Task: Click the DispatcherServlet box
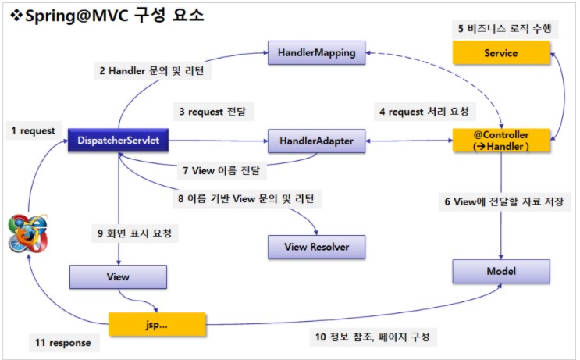point(118,141)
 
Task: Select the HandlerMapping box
point(316,53)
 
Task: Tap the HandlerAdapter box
point(316,141)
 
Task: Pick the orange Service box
point(501,53)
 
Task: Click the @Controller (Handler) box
point(501,141)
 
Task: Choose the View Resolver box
point(316,248)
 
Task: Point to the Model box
point(501,270)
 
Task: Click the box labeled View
point(118,277)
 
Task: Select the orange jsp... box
point(157,322)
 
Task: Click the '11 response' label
point(63,342)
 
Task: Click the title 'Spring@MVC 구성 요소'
point(106,15)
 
